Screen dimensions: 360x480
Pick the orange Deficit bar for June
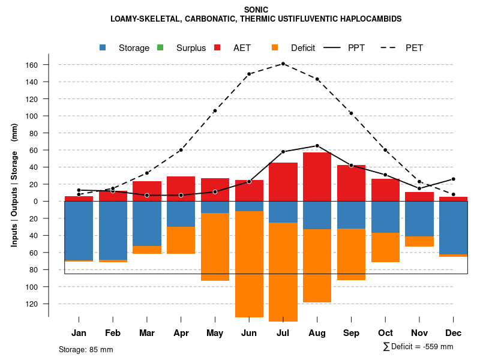point(249,264)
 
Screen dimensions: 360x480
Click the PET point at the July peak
point(283,64)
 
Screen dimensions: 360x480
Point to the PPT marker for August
point(317,146)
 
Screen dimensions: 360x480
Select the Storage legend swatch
point(104,48)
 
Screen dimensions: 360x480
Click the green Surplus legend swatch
point(161,48)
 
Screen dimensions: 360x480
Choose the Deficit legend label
point(303,48)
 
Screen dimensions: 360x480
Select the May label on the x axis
point(215,333)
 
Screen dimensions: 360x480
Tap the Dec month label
point(454,333)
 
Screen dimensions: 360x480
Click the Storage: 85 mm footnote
point(86,349)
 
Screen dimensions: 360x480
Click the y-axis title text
point(14,185)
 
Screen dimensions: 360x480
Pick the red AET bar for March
point(147,191)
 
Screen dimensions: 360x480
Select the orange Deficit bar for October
point(385,247)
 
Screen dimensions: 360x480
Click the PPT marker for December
point(454,179)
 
